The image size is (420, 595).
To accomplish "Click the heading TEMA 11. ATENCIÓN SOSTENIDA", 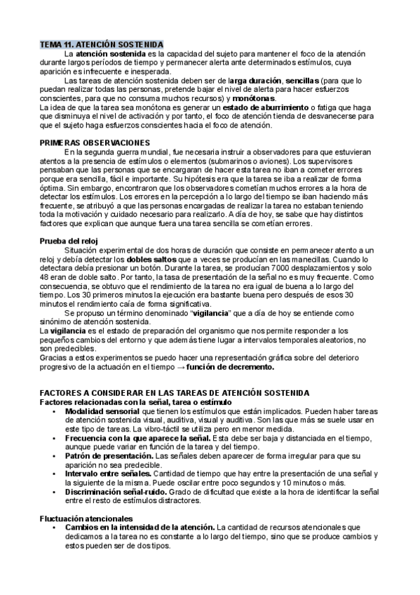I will (x=101, y=44).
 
